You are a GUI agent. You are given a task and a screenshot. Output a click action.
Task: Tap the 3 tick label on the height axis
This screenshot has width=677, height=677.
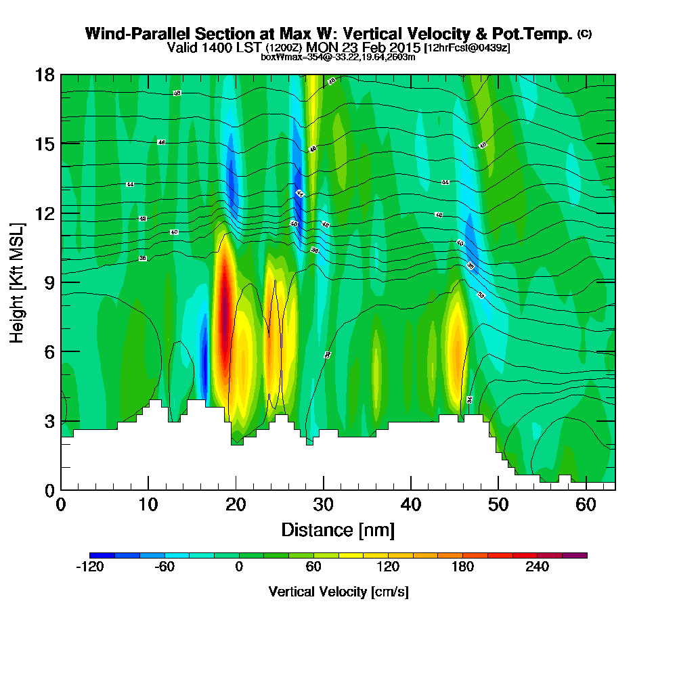click(49, 421)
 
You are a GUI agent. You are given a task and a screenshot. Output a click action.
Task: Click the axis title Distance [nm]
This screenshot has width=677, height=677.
click(338, 529)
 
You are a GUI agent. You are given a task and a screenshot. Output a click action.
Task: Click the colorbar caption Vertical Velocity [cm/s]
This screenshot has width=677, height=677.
click(338, 592)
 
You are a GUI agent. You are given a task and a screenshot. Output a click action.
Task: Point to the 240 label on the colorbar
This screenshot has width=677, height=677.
click(537, 568)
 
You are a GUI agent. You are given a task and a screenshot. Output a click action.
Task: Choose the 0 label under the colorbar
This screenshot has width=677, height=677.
click(239, 568)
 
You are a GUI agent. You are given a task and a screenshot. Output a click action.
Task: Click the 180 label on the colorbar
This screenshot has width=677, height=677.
click(462, 568)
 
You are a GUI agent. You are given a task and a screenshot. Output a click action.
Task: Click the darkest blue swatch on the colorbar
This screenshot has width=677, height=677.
click(102, 555)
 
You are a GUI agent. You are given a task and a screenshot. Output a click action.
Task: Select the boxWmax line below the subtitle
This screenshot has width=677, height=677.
click(338, 57)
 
